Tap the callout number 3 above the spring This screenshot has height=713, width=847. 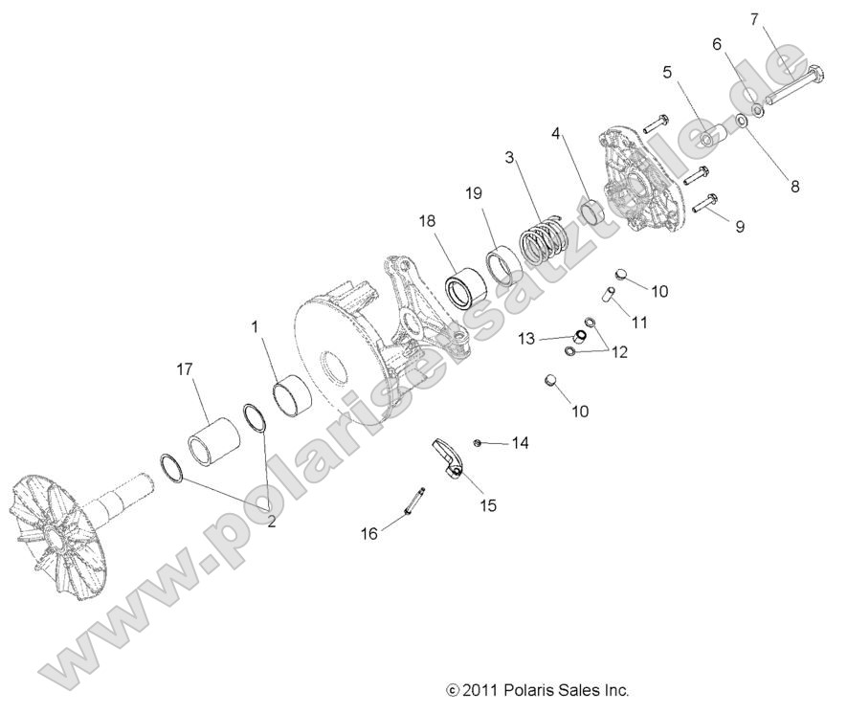point(511,156)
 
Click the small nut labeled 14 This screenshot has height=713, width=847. point(479,442)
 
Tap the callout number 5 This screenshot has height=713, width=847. point(667,72)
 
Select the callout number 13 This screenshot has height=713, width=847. point(526,338)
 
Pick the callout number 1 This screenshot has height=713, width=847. point(255,327)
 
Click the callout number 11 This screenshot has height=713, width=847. point(639,323)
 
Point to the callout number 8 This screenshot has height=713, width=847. point(793,188)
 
